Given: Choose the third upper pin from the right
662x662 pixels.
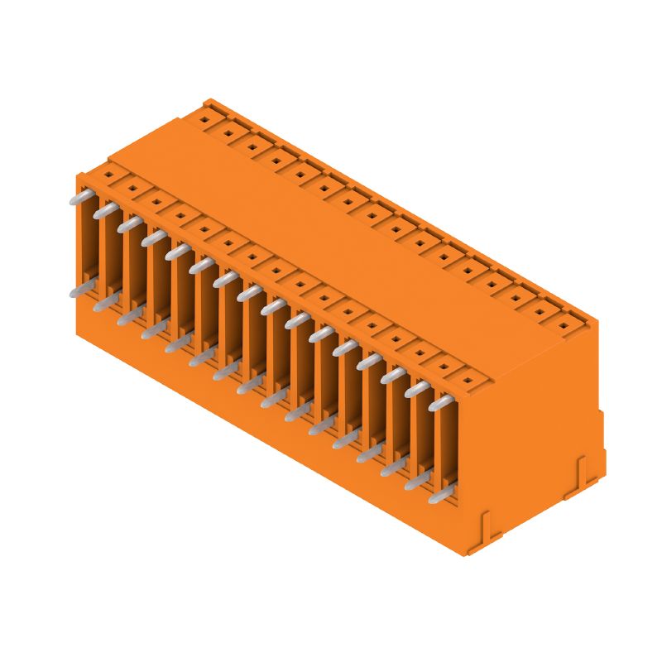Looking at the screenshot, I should click(393, 375).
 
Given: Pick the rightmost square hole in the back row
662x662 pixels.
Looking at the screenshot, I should click(565, 325).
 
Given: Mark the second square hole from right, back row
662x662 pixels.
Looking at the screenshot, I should click(541, 312).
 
